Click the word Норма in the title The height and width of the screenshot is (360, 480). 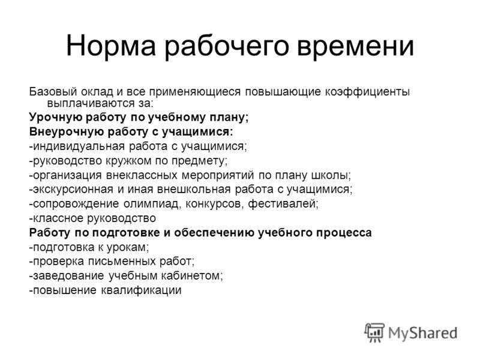111,46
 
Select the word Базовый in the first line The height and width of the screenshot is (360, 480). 53,92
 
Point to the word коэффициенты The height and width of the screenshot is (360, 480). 367,92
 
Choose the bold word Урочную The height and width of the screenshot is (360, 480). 55,117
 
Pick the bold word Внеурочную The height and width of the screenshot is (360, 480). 66,131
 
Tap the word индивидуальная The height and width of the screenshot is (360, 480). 79,146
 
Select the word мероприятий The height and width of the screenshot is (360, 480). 218,175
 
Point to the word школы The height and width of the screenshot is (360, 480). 331,175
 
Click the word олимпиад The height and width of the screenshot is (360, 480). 152,203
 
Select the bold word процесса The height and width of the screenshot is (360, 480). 344,233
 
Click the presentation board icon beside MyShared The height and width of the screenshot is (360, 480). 374,332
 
